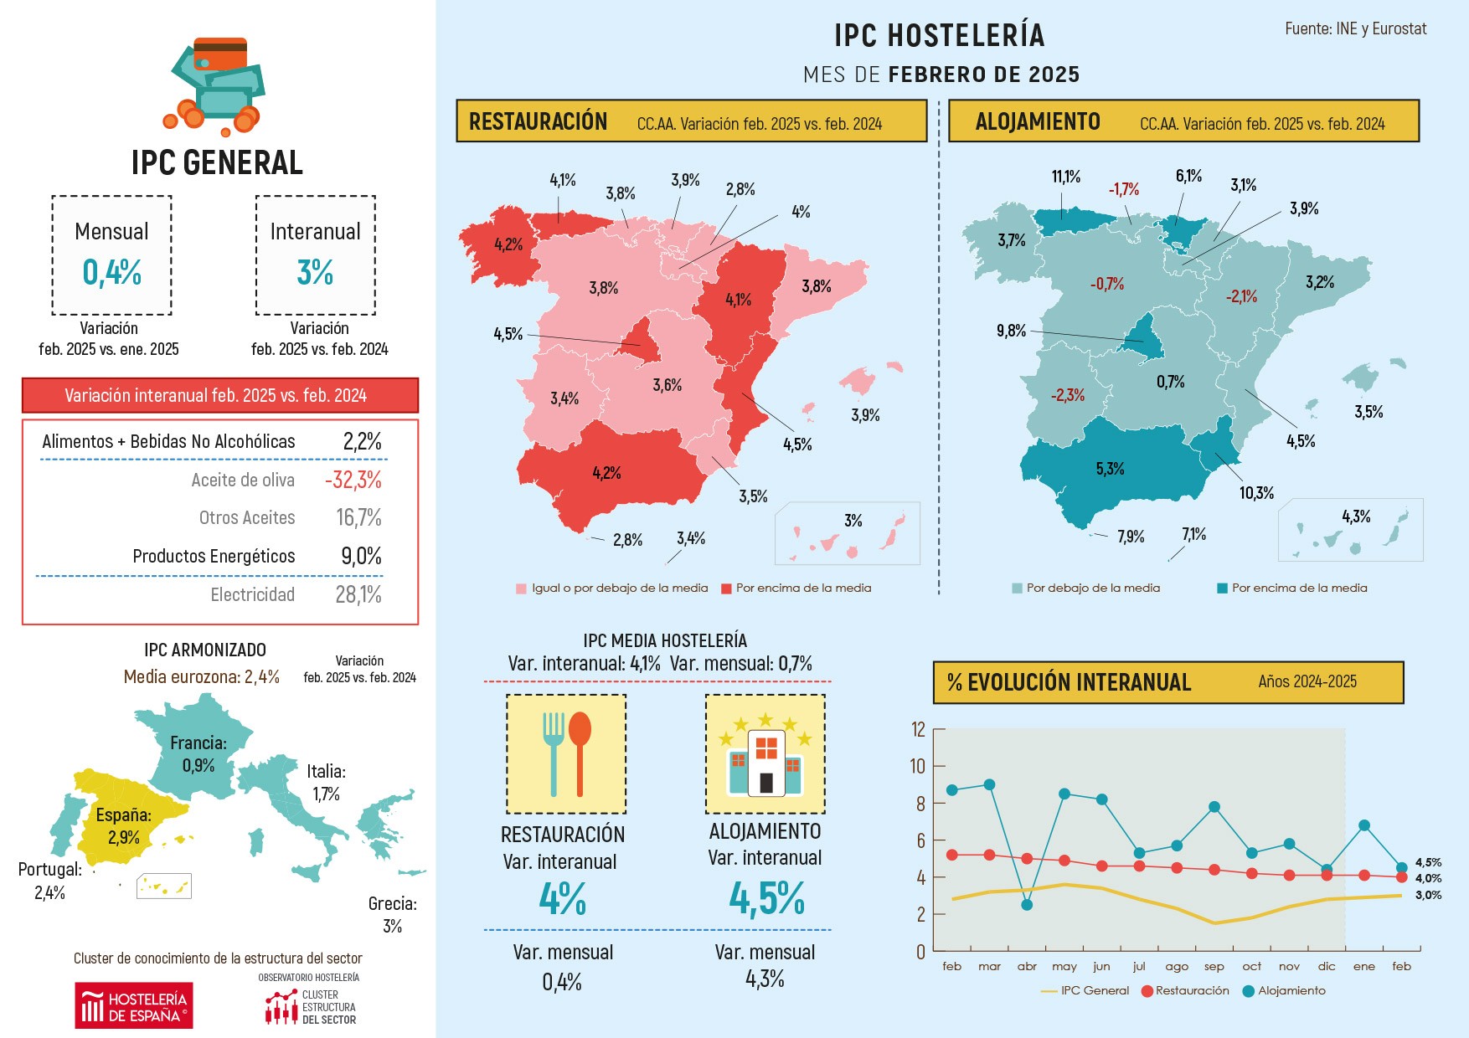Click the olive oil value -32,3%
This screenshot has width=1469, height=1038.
click(353, 480)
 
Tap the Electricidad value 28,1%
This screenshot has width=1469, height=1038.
click(358, 595)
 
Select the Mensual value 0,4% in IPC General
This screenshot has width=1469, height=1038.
click(111, 273)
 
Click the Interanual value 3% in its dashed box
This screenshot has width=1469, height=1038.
click(315, 273)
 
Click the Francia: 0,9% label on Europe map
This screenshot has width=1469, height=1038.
click(198, 754)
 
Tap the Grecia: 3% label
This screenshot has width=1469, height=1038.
click(392, 914)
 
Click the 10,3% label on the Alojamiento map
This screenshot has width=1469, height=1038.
click(1256, 493)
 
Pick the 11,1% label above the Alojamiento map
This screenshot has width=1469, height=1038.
click(1066, 177)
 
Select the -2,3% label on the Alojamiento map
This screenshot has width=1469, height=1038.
click(1068, 395)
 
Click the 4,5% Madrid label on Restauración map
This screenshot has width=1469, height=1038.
click(508, 334)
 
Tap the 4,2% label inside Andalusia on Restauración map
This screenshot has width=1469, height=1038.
click(606, 473)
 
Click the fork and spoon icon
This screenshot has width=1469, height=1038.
click(566, 753)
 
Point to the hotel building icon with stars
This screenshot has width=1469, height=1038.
click(765, 753)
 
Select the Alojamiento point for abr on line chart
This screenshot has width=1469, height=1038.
click(1027, 905)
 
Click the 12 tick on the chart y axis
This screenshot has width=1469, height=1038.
click(919, 730)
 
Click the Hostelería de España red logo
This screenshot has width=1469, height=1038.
click(134, 1006)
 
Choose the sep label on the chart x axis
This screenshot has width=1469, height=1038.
click(1214, 967)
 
